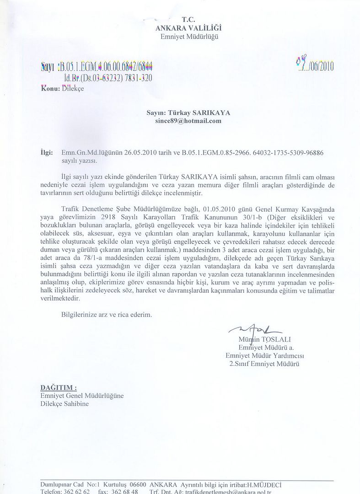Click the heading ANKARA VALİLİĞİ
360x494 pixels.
click(189, 28)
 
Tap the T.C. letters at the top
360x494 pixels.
click(188, 19)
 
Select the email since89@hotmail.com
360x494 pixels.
click(188, 121)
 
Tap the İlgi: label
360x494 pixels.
click(47, 152)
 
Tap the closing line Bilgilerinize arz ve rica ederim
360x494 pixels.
click(106, 315)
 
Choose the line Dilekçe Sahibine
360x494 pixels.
click(64, 404)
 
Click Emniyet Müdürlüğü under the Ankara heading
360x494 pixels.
click(189, 37)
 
